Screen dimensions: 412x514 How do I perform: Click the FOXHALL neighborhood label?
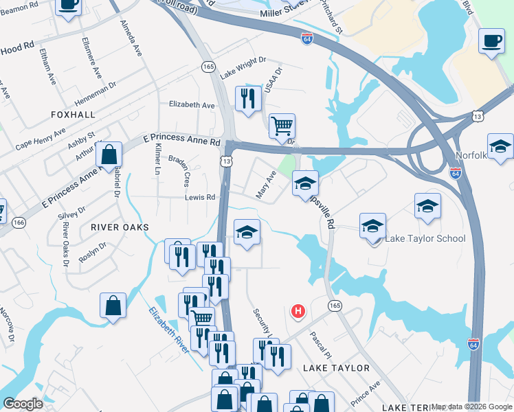72,114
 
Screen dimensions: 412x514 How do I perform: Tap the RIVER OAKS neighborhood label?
120,226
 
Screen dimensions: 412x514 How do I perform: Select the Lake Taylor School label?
425,239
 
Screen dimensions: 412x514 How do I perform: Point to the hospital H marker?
298,312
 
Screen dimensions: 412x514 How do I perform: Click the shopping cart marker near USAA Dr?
282,126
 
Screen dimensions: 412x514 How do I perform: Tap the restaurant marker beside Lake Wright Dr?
248,98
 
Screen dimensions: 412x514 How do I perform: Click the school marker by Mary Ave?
305,183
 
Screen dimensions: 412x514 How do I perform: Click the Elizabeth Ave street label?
192,105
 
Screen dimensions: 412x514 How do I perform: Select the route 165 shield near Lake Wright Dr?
209,66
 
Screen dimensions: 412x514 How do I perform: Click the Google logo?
23,404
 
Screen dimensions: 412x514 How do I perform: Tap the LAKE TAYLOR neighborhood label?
337,368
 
